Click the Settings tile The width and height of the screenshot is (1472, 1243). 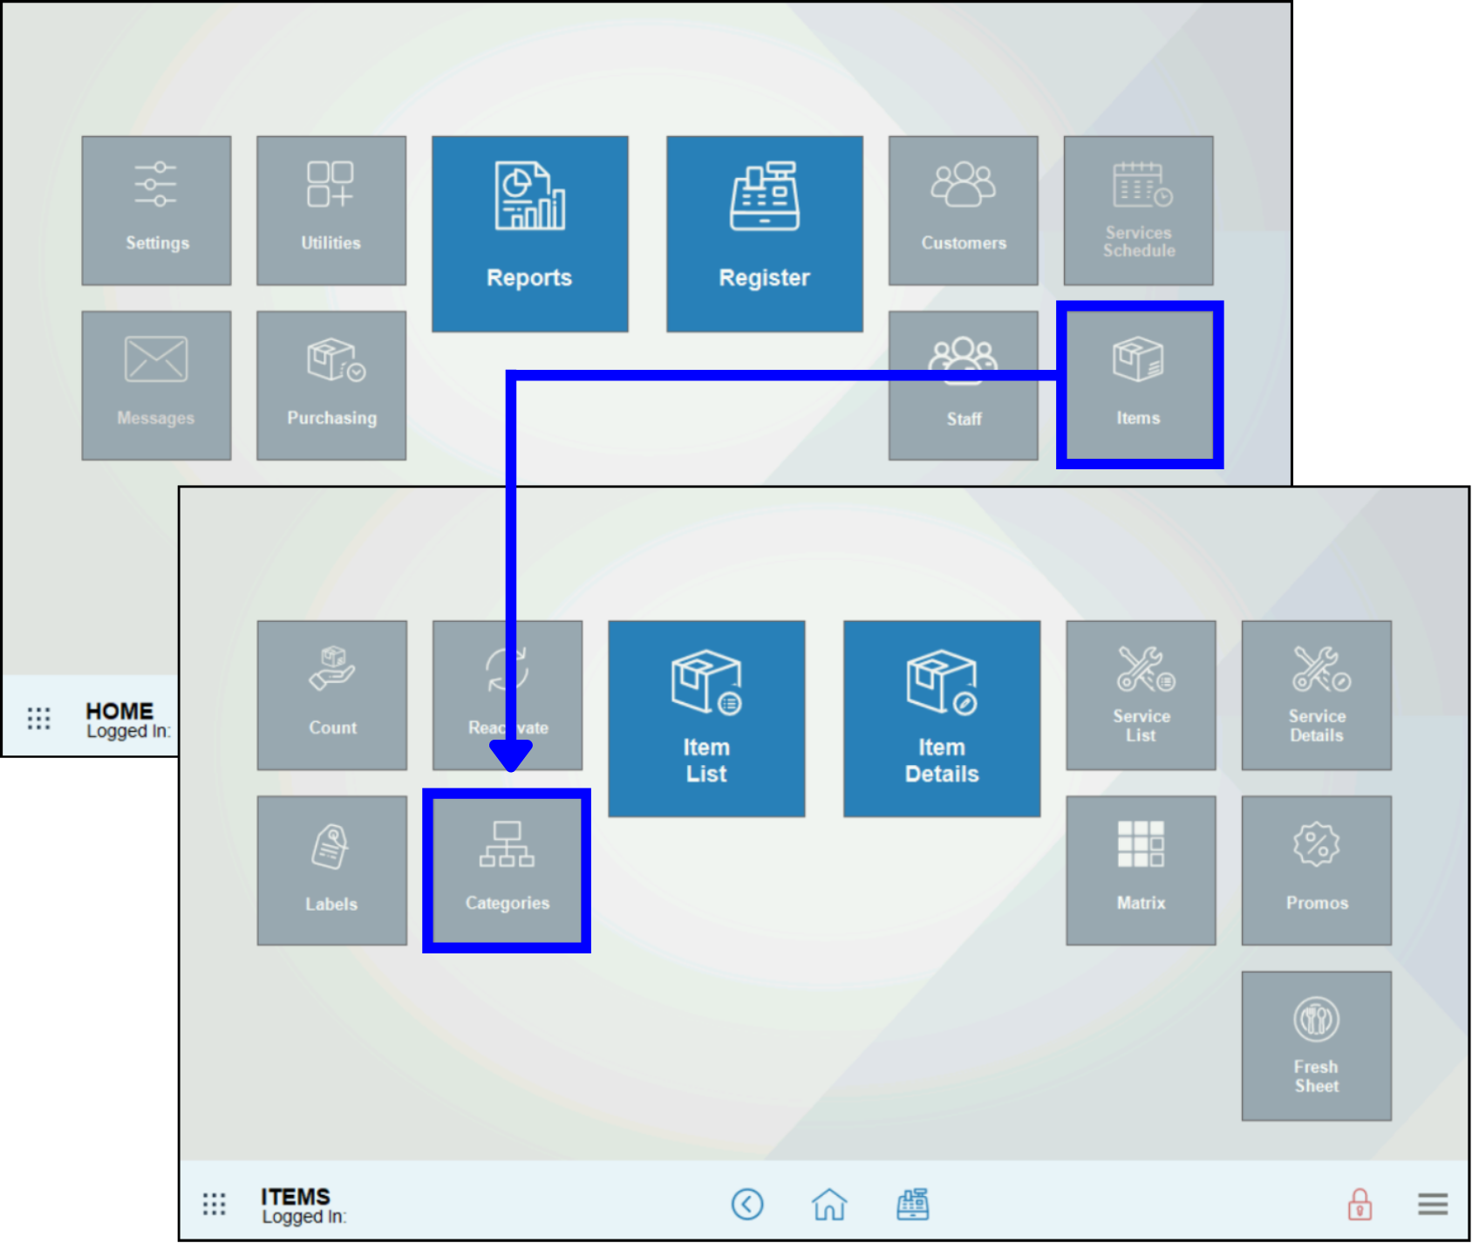(157, 210)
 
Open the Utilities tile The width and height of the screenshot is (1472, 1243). (331, 210)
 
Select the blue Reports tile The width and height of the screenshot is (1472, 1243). (529, 233)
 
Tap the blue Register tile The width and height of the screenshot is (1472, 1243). (765, 233)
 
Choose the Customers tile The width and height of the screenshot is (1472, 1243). (964, 210)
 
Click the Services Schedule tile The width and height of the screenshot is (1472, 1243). (1138, 210)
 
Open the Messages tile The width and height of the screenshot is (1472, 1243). (157, 385)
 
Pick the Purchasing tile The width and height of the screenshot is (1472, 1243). (331, 385)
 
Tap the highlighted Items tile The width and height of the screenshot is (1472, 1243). (1139, 385)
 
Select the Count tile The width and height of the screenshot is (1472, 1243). (332, 695)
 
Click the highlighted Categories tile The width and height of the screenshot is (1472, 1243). (507, 870)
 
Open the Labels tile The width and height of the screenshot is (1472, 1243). (332, 870)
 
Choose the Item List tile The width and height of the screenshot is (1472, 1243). (706, 718)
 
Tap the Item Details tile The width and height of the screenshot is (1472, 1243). (942, 718)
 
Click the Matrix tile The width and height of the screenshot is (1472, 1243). (1141, 870)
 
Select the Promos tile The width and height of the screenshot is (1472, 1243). (1317, 870)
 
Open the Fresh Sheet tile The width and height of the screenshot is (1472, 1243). (1317, 1045)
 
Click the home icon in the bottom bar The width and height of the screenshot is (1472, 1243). (829, 1205)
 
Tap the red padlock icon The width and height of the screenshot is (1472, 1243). (1360, 1205)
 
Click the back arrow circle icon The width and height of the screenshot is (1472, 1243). (747, 1205)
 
